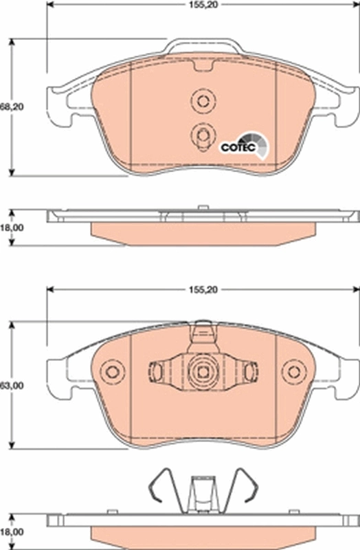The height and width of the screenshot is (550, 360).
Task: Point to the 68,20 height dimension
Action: (9, 107)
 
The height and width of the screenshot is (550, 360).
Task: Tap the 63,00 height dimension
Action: (9, 386)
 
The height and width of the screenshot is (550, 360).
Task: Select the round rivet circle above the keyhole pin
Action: (201, 102)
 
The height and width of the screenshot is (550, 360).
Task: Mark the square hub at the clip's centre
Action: (202, 372)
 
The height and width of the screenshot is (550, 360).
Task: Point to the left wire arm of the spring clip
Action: (159, 488)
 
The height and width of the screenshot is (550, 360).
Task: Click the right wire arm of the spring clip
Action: (245, 488)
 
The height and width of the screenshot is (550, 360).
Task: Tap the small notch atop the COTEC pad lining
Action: (202, 67)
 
